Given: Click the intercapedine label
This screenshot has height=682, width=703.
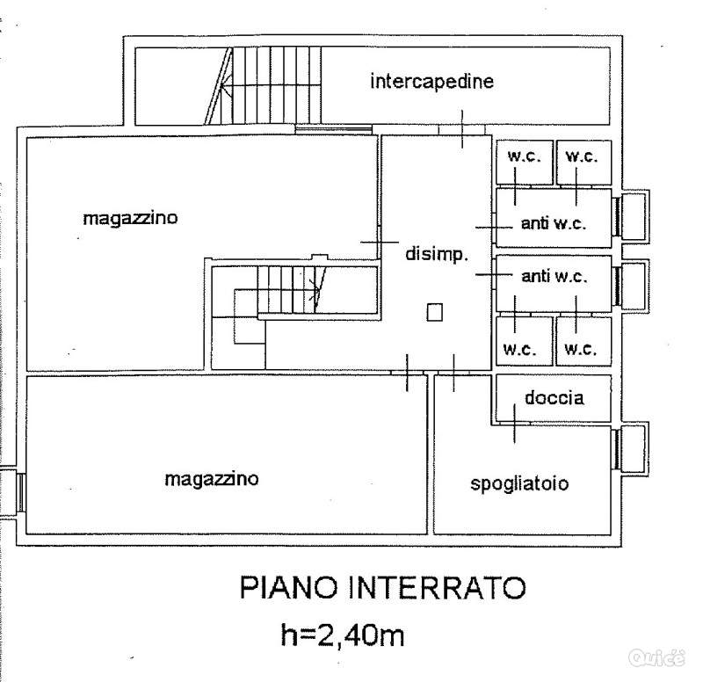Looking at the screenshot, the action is click(431, 81).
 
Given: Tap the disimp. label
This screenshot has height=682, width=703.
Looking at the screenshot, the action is click(437, 254).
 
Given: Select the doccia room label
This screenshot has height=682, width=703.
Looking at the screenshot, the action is click(554, 398).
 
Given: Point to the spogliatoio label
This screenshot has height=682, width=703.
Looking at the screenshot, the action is click(519, 483).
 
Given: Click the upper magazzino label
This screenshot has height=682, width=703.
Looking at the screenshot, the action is click(130, 218).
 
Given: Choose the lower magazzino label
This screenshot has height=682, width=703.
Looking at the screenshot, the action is click(212, 479).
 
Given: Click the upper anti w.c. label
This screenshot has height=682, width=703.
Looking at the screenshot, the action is click(554, 223).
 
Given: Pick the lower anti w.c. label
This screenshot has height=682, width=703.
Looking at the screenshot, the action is click(554, 276).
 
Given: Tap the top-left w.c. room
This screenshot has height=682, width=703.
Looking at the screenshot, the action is click(524, 163).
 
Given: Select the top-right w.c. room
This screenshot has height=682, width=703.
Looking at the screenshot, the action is click(583, 163).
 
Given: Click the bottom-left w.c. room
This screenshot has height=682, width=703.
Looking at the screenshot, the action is click(524, 341).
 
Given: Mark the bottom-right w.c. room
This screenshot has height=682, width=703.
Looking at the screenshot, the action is click(583, 341).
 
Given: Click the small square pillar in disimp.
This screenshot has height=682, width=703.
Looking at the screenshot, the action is click(434, 313).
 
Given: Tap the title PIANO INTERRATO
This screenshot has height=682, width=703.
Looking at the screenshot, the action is click(382, 587).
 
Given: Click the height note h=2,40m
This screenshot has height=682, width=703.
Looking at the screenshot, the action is click(343, 635).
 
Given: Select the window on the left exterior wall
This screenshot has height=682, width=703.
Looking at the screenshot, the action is click(20, 492).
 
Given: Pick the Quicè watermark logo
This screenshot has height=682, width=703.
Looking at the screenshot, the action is click(656, 657).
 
